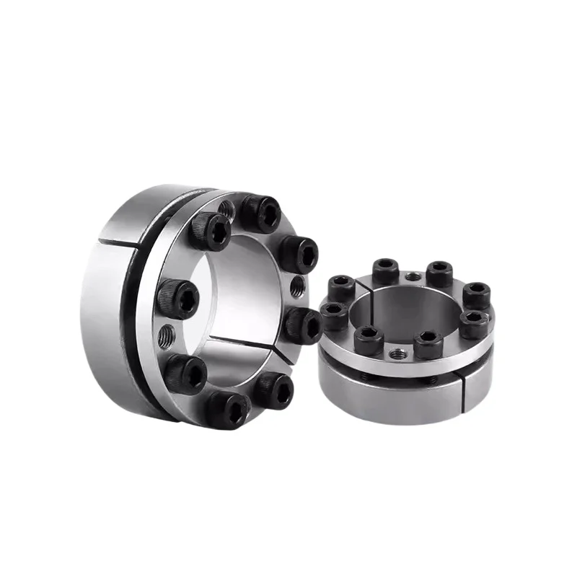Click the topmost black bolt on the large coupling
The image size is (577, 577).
click(x=260, y=213)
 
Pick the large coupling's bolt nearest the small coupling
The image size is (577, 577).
click(x=303, y=325)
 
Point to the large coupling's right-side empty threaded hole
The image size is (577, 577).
click(x=296, y=288)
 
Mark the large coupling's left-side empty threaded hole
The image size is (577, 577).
click(x=168, y=335)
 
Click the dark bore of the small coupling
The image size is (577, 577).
click(x=404, y=310)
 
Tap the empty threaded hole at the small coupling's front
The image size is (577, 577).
click(x=396, y=353)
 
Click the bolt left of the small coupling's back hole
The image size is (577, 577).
click(x=386, y=271)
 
